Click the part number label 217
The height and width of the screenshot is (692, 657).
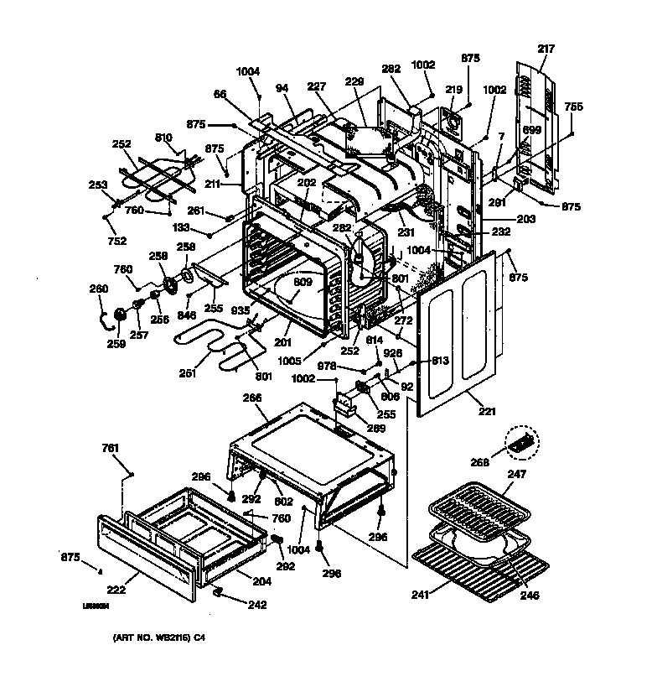(546, 49)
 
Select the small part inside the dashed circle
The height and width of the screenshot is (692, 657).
(522, 442)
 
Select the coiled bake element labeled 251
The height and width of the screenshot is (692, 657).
(210, 348)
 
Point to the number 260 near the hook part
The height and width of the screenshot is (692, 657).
(99, 289)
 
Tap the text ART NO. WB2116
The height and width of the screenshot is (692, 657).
(158, 638)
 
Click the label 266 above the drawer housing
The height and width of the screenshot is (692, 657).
(252, 398)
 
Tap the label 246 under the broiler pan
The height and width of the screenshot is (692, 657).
(529, 596)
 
